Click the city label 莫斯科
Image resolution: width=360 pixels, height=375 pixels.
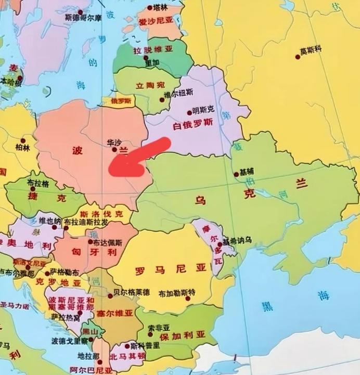tap(312, 50)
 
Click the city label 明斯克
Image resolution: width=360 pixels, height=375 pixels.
tap(203, 110)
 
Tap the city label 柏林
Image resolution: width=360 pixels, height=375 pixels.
tap(23, 148)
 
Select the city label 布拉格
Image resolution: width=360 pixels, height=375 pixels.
tap(38, 184)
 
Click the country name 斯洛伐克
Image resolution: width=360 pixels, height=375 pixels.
tap(101, 214)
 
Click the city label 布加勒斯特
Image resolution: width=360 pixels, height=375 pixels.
tap(177, 293)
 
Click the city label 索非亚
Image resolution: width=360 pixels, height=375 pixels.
tap(158, 328)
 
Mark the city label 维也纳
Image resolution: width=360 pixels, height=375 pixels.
tap(50, 221)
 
